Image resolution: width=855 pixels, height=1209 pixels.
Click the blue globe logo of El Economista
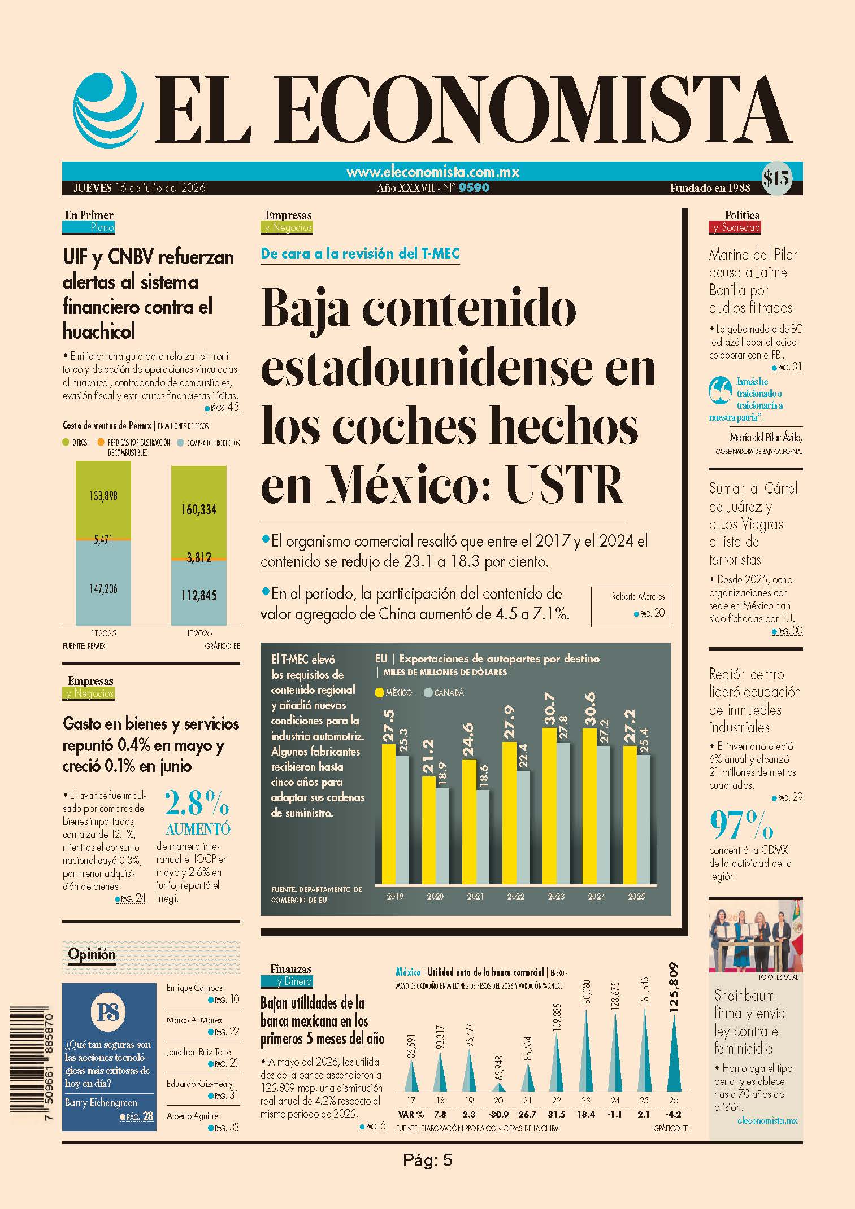point(106,109)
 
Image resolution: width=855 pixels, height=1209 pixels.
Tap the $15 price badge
point(776,178)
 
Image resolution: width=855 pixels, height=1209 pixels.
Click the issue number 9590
point(474,188)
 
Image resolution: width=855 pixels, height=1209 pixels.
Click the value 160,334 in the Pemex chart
point(199,510)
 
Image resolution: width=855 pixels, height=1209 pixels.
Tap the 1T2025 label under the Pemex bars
point(103,634)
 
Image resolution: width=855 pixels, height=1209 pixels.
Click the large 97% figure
point(741,826)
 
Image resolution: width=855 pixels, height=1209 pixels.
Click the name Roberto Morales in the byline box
point(638,596)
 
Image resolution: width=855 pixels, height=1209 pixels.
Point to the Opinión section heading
point(92,954)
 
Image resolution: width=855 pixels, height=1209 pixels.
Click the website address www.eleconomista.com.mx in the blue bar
point(433,172)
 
